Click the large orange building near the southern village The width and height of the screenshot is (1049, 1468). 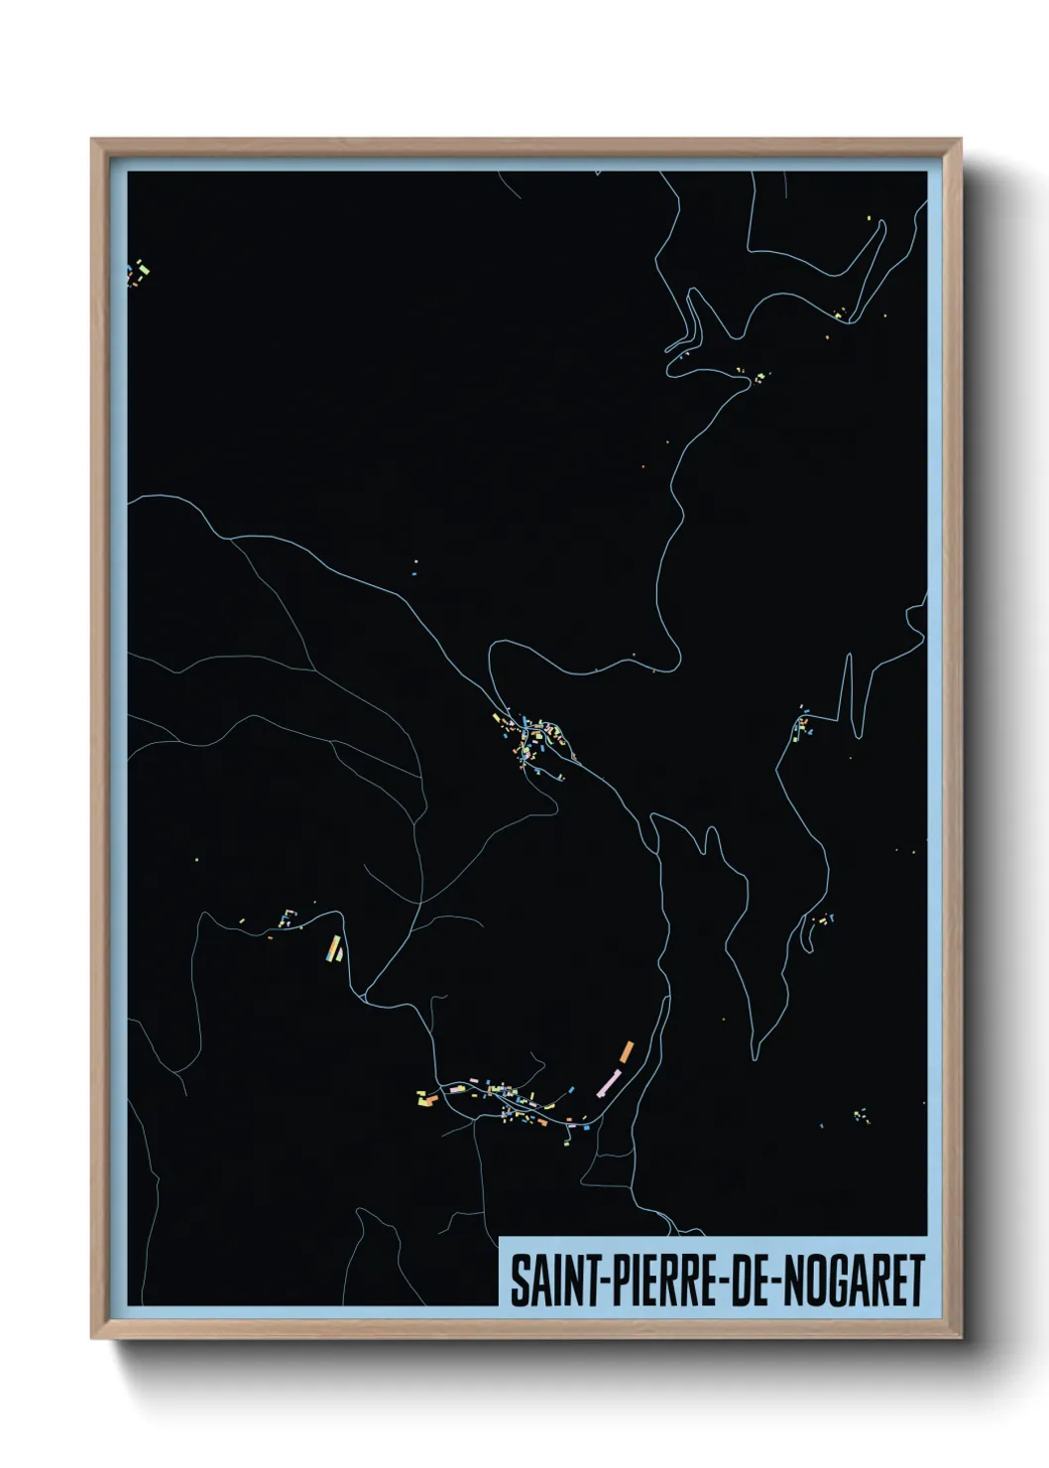[627, 1050]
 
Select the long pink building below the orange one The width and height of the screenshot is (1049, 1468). [608, 1081]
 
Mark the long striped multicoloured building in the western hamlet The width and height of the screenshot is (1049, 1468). [334, 948]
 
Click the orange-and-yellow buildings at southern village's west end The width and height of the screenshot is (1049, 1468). [426, 1098]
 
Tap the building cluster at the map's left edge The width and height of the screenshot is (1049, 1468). [138, 271]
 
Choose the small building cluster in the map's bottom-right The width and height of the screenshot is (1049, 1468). [861, 1116]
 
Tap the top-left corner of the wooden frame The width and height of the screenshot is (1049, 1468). [92, 140]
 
